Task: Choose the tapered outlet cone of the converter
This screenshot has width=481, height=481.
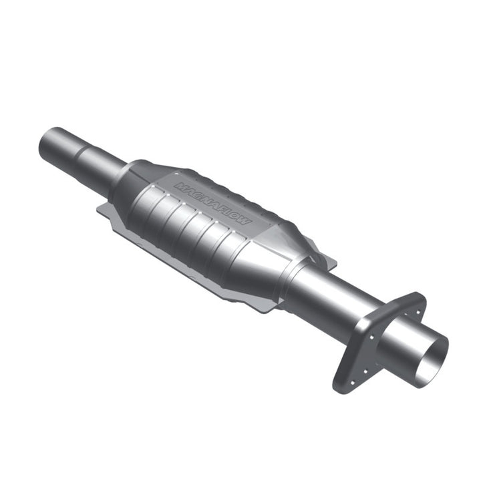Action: point(281,261)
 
